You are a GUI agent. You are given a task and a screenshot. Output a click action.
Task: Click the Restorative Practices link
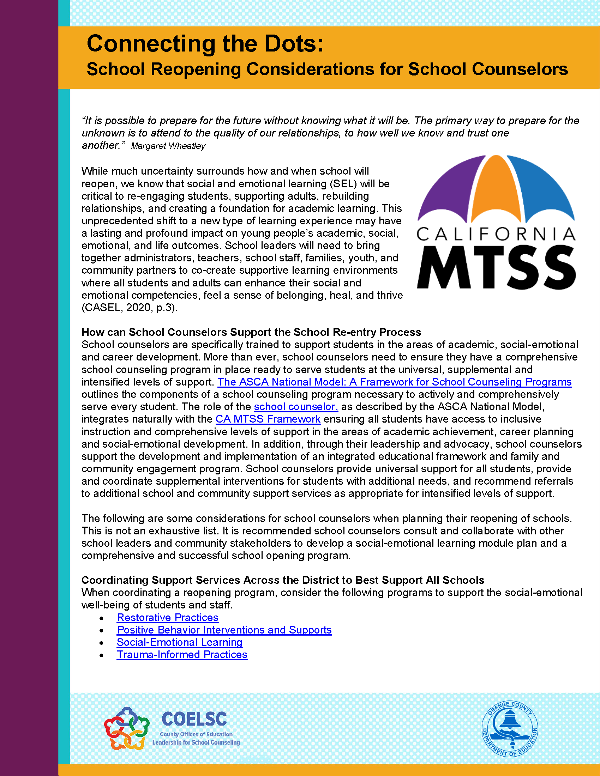(167, 618)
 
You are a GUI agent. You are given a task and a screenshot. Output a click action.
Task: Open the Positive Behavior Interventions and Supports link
(224, 630)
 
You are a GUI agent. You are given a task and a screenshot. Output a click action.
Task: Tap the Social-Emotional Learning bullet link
(180, 642)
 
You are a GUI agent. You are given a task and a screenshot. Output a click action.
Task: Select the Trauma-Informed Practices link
(182, 655)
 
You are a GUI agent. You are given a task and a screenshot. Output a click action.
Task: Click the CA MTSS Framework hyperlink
(268, 419)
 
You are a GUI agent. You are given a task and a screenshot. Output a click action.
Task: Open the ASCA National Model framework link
(395, 382)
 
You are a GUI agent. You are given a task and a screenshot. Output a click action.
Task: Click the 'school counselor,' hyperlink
(296, 407)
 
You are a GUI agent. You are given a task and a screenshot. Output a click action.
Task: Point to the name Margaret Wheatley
(168, 146)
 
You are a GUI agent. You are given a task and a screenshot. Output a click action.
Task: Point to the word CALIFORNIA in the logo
(496, 234)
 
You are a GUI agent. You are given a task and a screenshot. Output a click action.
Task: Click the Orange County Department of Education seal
(510, 729)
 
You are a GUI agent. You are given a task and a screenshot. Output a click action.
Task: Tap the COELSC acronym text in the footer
(194, 719)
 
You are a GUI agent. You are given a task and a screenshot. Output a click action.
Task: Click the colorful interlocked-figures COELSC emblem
(127, 728)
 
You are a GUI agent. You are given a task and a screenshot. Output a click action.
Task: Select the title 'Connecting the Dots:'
(205, 44)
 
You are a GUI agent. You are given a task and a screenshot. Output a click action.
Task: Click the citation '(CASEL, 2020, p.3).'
(130, 308)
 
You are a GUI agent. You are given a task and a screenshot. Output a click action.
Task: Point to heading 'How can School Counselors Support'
(251, 332)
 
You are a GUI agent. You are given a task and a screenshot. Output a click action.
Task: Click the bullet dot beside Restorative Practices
(102, 619)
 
